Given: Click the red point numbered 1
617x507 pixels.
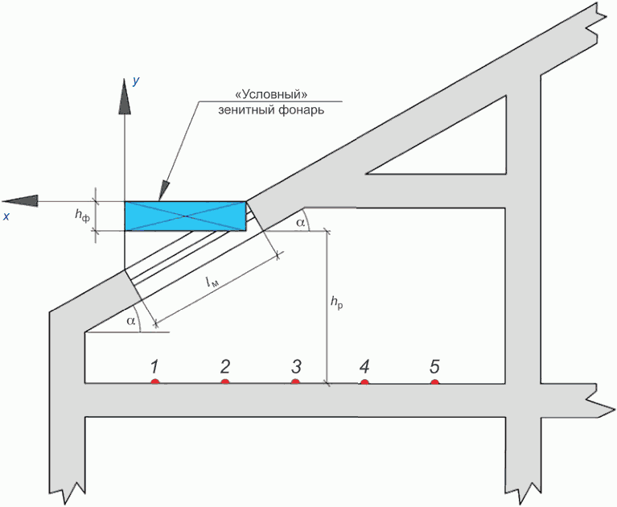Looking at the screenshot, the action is coord(155,381).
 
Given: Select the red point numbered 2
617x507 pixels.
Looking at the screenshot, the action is coord(225,381).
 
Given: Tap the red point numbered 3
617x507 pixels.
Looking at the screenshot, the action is coord(295,381).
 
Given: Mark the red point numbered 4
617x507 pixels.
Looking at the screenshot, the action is coord(364,381).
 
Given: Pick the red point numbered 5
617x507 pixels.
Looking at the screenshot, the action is coord(434,381).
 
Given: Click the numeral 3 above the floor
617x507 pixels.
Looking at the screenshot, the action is coord(296,366).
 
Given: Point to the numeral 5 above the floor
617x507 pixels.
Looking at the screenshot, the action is coord(434,366).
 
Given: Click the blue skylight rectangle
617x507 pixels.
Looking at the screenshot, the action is coord(185,216).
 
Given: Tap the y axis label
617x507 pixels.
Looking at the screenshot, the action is coord(136,81).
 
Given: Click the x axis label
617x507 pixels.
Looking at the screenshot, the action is coord(6,216).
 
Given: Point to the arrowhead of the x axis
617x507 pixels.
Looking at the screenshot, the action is coord(20,201).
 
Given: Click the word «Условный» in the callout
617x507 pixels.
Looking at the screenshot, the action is coord(270,94).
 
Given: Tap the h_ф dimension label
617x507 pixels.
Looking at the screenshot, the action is coord(82,215).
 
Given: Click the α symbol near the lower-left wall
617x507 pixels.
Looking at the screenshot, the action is coord(130,321).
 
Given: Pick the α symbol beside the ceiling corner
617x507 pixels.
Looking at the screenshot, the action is coord(300,223).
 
